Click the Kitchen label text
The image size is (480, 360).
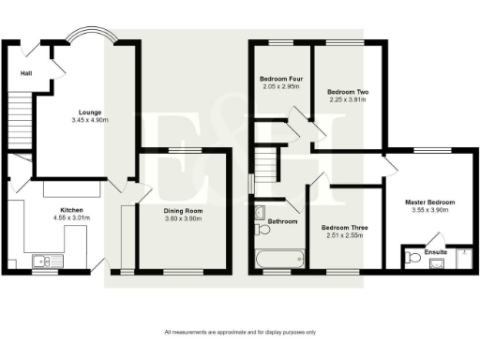pos(72,210)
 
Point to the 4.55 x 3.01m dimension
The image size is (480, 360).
pos(72,218)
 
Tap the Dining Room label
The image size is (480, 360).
pos(183,211)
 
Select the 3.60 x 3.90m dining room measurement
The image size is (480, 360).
pos(183,219)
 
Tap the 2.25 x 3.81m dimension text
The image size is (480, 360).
pos(347,99)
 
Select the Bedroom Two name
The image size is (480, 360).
pos(347,91)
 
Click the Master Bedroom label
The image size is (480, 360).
pos(429,202)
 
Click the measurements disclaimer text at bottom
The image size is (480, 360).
pos(240,333)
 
